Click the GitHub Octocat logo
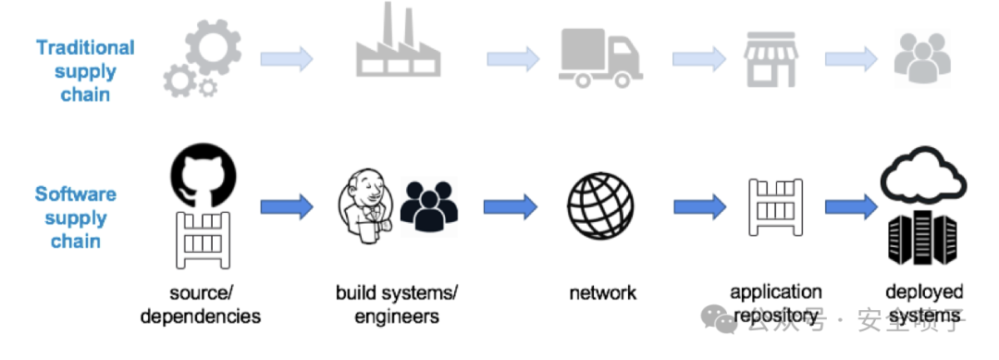[203, 175]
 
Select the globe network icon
[600, 205]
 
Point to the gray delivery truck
[600, 58]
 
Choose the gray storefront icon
[771, 58]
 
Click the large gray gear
[214, 46]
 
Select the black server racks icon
[922, 238]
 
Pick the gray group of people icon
[922, 58]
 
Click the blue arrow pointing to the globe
[511, 206]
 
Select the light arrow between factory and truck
[512, 59]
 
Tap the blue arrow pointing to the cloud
[851, 206]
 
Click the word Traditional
[85, 48]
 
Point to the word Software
[76, 193]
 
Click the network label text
[603, 292]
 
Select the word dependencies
[201, 317]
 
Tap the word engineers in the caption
[397, 317]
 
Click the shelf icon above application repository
[775, 207]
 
